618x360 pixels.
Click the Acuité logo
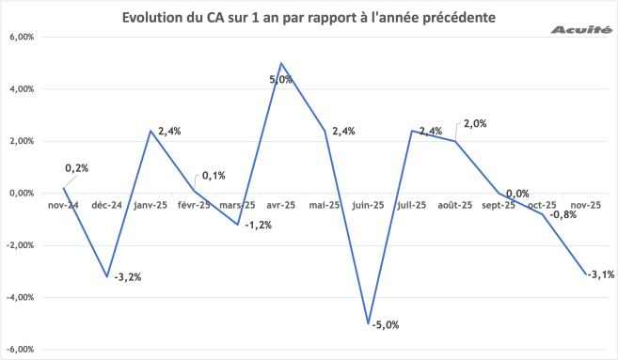click(579, 30)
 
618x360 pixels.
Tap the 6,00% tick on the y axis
click(20, 38)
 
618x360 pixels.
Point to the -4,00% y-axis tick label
click(19, 297)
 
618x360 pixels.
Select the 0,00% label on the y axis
click(20, 194)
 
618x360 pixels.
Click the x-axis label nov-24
click(65, 204)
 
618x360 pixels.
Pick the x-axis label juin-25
click(367, 204)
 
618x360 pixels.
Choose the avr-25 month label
click(281, 204)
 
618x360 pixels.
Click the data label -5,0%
click(387, 325)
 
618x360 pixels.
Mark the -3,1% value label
click(602, 274)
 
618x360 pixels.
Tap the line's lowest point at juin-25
click(369, 323)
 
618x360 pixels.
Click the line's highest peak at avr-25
click(281, 64)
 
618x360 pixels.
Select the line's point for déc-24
click(107, 276)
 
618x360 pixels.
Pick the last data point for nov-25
click(586, 274)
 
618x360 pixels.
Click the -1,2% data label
click(258, 226)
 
